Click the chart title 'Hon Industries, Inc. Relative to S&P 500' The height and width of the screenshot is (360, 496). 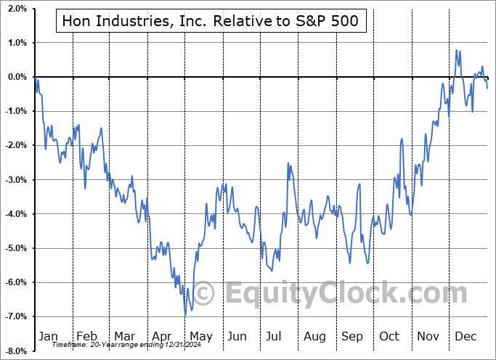[211, 22]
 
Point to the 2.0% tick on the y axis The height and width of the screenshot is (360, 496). [17, 9]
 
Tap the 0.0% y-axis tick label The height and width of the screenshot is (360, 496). [17, 77]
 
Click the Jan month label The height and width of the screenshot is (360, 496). [47, 336]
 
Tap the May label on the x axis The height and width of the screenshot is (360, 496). [200, 336]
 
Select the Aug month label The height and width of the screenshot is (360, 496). [314, 336]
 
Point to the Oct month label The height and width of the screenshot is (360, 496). [390, 336]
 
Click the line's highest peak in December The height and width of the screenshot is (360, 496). [457, 50]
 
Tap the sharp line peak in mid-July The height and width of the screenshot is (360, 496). [288, 163]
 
